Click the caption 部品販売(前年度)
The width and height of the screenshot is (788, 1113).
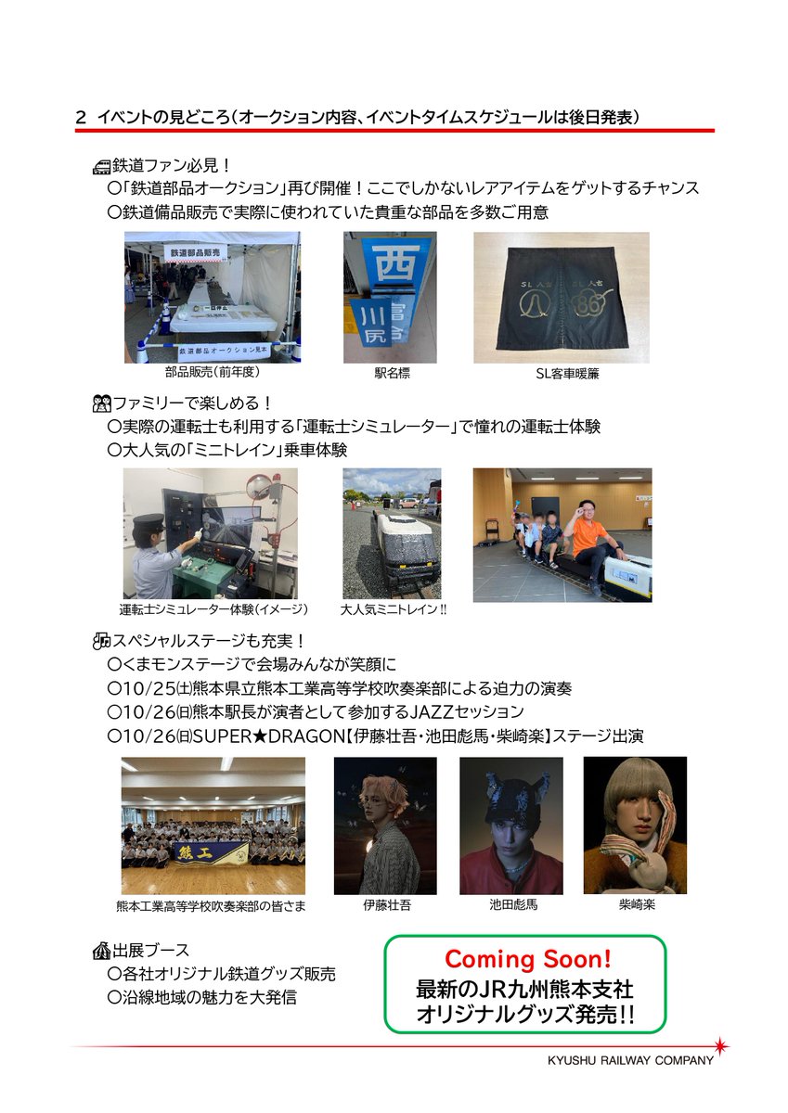212,372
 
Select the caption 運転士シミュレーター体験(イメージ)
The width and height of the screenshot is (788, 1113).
213,609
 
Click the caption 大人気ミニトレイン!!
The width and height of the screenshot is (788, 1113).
393,609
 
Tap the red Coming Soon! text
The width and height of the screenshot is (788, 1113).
527,958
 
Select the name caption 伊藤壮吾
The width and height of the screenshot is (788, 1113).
386,904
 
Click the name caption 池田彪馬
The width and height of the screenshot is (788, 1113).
512,904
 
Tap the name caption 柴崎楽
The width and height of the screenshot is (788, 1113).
636,904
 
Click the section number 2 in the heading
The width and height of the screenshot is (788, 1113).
81,118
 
